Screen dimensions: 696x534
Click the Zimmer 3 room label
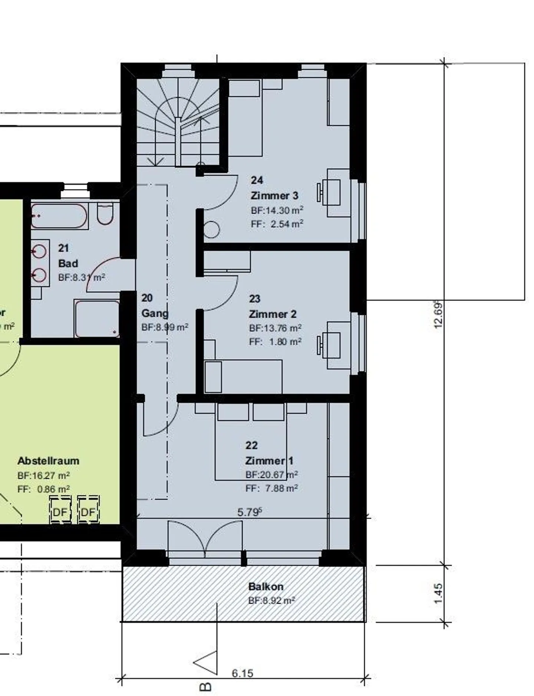click(274, 195)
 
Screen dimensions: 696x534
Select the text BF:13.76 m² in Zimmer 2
click(275, 328)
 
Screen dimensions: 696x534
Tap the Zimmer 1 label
click(269, 461)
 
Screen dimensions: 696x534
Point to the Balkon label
click(266, 587)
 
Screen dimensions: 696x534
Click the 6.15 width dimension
click(243, 673)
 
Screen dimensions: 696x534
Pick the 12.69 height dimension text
click(438, 315)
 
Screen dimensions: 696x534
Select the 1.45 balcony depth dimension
click(438, 593)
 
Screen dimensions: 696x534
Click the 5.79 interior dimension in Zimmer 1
click(249, 512)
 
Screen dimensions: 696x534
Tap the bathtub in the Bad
click(59, 215)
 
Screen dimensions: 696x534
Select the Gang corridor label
click(155, 313)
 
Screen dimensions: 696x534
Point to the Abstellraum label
click(48, 461)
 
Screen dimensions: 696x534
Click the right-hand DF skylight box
click(88, 512)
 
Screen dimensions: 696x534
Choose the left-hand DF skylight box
click(60, 512)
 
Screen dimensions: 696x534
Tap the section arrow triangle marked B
click(207, 663)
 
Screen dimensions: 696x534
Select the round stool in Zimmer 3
click(212, 230)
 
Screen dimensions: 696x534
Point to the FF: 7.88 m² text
click(271, 488)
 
